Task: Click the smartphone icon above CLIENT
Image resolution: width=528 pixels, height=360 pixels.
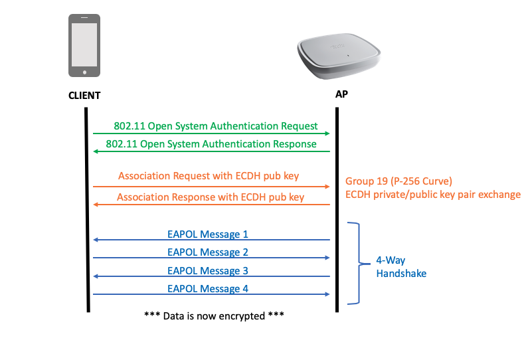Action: (x=84, y=45)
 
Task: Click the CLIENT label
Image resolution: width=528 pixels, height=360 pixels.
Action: (x=84, y=96)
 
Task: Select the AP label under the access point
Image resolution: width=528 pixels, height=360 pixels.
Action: (x=341, y=94)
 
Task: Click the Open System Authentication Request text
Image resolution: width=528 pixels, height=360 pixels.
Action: (x=216, y=126)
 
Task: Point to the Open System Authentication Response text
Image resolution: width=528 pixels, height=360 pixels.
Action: (x=211, y=143)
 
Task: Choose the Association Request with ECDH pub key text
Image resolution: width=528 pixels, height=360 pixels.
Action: (x=209, y=176)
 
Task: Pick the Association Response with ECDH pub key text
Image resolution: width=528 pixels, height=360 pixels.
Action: (x=211, y=197)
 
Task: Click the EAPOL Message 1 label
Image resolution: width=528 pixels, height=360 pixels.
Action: (x=208, y=234)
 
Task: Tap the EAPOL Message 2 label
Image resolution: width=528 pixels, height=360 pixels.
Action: (x=208, y=252)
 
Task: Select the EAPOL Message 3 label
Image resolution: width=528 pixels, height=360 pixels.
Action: (x=208, y=270)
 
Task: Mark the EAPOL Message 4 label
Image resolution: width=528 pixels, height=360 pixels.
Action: (x=208, y=288)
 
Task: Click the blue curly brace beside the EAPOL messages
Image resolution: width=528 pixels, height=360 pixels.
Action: (x=358, y=263)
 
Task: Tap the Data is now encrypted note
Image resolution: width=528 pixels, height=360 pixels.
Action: (x=214, y=314)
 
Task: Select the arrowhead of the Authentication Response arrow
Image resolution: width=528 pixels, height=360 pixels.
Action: (x=96, y=151)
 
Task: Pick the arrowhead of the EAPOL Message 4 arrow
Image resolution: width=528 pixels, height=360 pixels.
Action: (x=327, y=294)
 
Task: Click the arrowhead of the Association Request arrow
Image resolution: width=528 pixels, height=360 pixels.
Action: (x=327, y=187)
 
